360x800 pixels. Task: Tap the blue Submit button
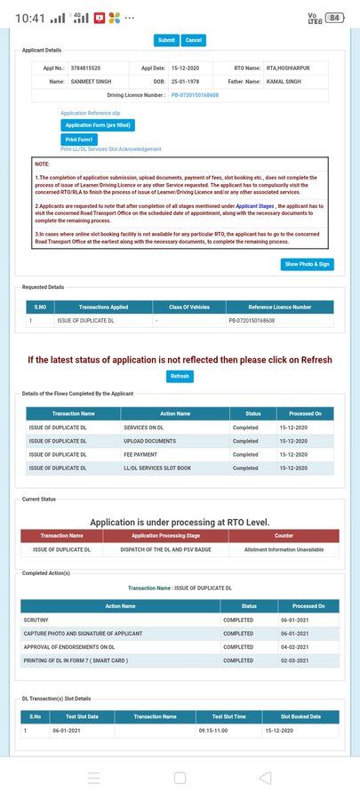(x=166, y=40)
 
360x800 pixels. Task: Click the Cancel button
(x=193, y=40)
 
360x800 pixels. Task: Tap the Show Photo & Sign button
(x=308, y=264)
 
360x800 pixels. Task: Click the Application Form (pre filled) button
(x=98, y=125)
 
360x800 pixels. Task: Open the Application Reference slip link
(x=90, y=113)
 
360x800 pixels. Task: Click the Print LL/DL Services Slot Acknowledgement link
(x=111, y=149)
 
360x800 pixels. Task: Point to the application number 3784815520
(x=84, y=68)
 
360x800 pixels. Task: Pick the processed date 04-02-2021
(x=307, y=647)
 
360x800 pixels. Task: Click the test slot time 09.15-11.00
(x=214, y=730)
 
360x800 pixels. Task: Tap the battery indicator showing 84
(x=334, y=17)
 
